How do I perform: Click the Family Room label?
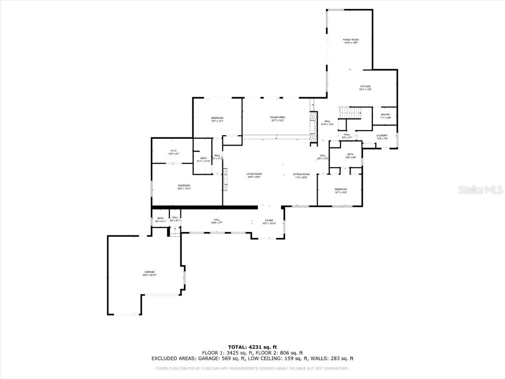[351, 40]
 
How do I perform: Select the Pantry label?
[385, 115]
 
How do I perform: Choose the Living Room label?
[254, 175]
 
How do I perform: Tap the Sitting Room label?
[301, 175]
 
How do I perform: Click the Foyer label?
[269, 221]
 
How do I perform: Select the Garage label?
[150, 273]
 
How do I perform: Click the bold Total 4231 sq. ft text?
[252, 346]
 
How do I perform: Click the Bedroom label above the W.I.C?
[217, 118]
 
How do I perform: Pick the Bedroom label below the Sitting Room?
[341, 190]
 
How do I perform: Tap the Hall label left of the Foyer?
[216, 221]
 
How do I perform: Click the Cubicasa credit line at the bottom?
[252, 368]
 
